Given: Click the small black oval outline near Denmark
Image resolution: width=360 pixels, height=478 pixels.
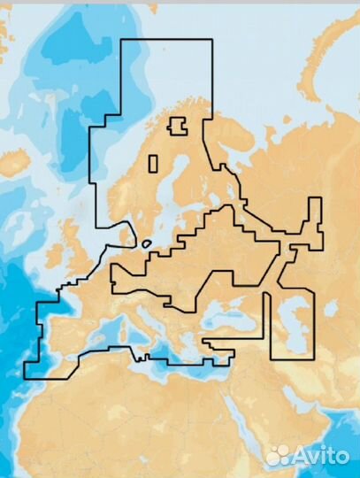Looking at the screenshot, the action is (x=146, y=242).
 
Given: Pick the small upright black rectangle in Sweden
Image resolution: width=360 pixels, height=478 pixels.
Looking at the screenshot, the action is (x=153, y=164).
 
